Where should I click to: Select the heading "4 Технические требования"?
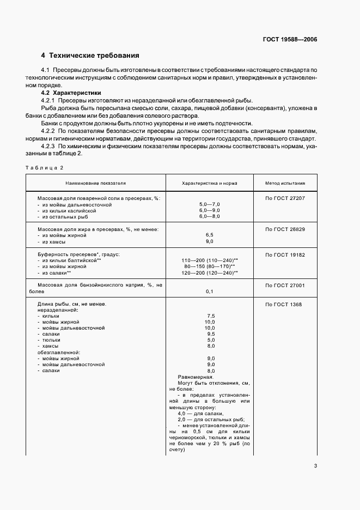pos(90,56)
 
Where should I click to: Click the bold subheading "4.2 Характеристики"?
pos(67,93)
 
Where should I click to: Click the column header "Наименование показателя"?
pos(96,184)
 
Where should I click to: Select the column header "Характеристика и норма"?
pos(210,184)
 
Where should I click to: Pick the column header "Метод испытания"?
pos(285,184)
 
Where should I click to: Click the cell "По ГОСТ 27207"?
pos(285,198)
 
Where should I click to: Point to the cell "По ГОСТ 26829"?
pos(285,229)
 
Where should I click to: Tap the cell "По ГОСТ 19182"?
pos(285,254)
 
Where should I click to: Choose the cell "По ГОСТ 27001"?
pos(285,285)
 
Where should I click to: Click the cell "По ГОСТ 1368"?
pos(283,304)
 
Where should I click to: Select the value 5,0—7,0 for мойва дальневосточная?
pos(210,204)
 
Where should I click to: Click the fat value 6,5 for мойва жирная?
pos(210,235)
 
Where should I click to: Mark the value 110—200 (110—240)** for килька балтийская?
pos(210,260)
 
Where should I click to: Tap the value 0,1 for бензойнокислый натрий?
pos(210,292)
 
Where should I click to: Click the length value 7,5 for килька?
pos(210,316)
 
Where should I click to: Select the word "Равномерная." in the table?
pos(196,377)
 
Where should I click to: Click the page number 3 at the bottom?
pos(316,465)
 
